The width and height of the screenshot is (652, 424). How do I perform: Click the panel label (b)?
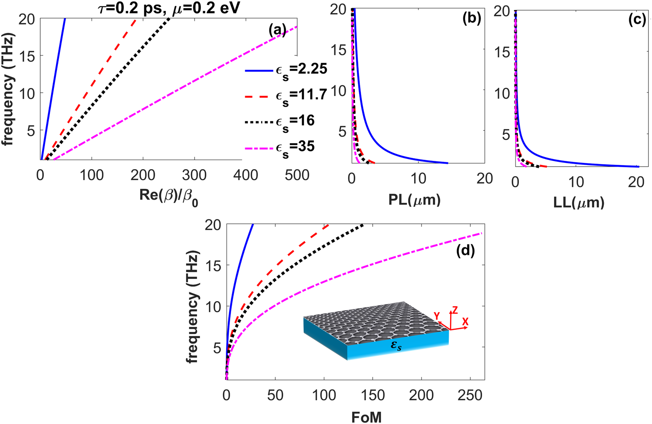point(471,20)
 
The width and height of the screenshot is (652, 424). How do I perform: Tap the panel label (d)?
point(465,250)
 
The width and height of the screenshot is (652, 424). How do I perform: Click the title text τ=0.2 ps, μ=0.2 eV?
point(169,8)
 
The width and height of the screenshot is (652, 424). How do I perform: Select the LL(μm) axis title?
point(579,203)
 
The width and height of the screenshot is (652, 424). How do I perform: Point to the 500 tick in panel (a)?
point(297,175)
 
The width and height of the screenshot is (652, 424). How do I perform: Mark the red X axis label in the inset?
point(465,322)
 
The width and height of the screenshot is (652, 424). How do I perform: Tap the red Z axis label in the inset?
point(455,310)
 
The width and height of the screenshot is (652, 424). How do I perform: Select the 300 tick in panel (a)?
point(194,175)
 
